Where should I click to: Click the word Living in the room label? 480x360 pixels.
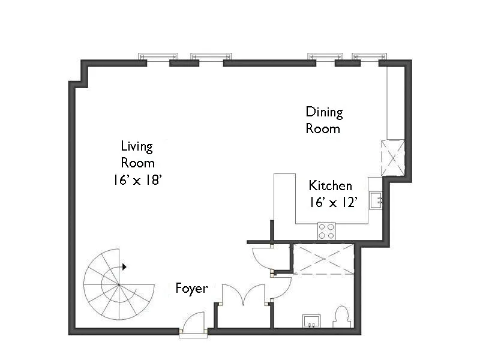point(137,146)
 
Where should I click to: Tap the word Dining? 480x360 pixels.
point(324,112)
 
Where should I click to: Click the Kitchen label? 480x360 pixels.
point(330,185)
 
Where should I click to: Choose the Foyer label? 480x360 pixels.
point(191,289)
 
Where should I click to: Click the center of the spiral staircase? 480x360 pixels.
point(118,284)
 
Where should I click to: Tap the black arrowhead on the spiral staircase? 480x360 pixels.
point(124,266)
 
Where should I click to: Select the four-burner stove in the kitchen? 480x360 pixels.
point(326,231)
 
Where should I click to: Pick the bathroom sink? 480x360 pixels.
point(312,321)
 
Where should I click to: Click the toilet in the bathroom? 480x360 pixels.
point(341,317)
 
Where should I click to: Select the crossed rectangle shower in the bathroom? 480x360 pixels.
point(323,259)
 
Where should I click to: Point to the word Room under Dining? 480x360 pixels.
point(323,128)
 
